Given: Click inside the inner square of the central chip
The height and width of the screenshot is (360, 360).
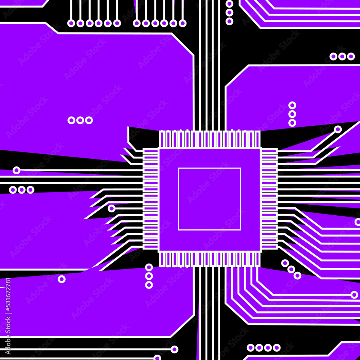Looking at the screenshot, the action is point(210,199).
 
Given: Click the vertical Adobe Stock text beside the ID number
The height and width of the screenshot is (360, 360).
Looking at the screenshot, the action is point(8,335).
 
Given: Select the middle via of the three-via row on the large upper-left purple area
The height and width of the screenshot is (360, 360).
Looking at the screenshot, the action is point(80,120).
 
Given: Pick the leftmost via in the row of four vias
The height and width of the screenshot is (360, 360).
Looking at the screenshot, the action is point(251,348).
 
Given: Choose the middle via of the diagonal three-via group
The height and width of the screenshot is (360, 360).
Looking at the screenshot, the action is point(291,269).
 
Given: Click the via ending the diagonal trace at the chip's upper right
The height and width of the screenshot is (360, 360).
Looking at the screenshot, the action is point(338,130).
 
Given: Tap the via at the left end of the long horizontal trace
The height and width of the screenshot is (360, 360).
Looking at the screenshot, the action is point(16,170).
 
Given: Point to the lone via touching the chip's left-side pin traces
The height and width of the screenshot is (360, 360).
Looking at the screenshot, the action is point(112,208).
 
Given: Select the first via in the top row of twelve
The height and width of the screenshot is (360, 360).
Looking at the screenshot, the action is point(71,23).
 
